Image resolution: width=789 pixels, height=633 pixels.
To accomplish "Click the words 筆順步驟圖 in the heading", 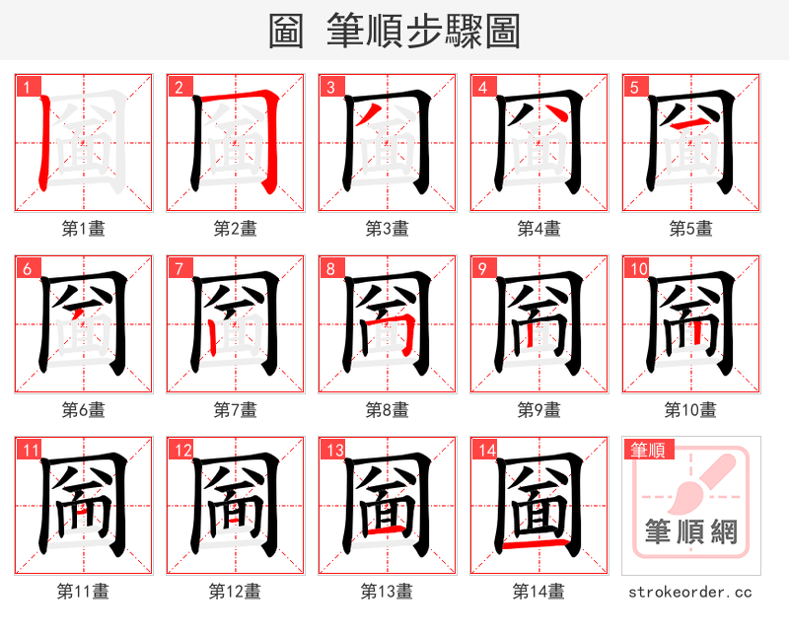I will point(424,31).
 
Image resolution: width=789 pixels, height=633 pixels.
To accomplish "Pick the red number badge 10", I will point(635,268).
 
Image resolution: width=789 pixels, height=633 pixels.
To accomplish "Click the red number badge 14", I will point(483,451).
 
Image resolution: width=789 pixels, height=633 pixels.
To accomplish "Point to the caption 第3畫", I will point(387,228).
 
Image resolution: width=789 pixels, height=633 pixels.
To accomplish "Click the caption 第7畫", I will point(235,409).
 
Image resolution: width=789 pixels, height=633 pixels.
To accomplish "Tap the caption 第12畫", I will point(235,592).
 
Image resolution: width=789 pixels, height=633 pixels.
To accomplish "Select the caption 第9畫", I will point(538,409).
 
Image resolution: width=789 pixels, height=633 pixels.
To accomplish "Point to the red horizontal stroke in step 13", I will point(386,531).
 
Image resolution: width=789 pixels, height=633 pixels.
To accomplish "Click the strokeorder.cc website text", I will point(690,592).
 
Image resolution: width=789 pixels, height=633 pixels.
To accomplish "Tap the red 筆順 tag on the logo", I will point(646,451).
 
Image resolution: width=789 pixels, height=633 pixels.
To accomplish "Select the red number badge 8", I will point(331,268).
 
